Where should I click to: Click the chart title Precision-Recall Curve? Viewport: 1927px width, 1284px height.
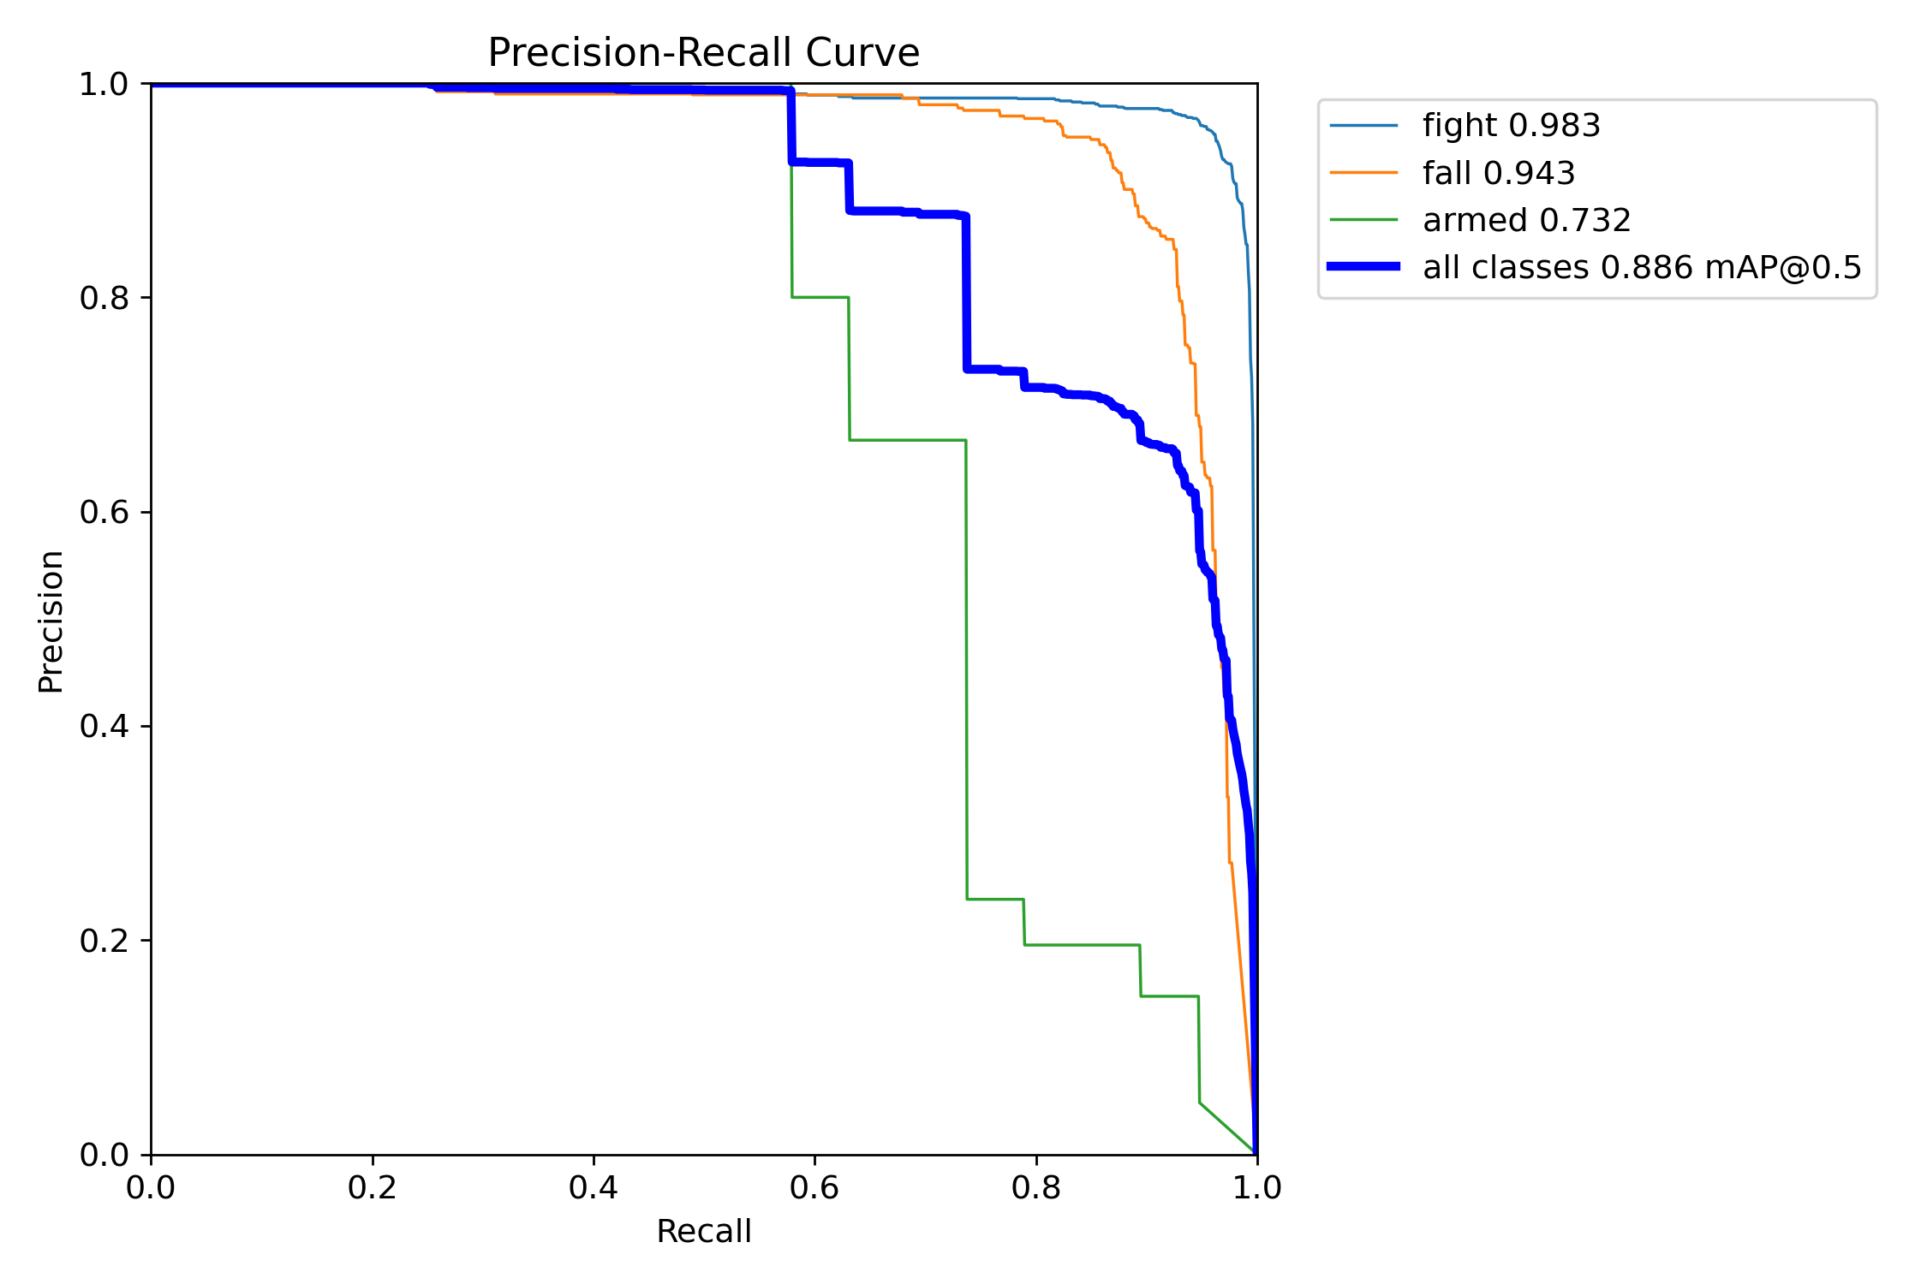click(703, 53)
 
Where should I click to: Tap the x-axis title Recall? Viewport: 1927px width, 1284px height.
click(703, 1231)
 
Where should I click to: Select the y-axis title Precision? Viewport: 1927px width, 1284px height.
click(51, 621)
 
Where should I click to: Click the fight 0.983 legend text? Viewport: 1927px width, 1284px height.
click(1511, 126)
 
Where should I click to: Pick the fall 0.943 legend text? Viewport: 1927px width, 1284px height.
click(1499, 173)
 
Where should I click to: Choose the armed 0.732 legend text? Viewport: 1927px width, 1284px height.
click(1526, 221)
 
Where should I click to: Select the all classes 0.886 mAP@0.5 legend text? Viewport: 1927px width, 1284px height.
click(1642, 268)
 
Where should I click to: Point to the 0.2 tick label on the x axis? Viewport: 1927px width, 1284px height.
click(372, 1187)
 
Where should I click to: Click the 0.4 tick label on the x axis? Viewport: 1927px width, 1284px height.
click(594, 1187)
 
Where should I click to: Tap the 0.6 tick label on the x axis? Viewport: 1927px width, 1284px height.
click(814, 1187)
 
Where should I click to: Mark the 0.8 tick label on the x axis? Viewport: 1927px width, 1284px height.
click(1035, 1187)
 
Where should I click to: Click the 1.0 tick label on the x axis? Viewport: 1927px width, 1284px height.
click(1256, 1187)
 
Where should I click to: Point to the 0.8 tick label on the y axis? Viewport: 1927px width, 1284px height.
click(103, 298)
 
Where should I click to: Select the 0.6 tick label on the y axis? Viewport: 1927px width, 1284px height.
click(103, 512)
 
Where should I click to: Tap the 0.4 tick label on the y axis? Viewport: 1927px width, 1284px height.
click(103, 726)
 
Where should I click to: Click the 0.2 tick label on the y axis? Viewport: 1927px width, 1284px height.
click(103, 940)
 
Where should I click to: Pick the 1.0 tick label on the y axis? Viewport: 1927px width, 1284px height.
click(103, 84)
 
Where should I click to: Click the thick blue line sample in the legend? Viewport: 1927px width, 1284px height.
click(1363, 267)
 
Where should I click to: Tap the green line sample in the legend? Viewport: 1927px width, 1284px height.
click(1363, 220)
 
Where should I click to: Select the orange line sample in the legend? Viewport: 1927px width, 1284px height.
click(1363, 173)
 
